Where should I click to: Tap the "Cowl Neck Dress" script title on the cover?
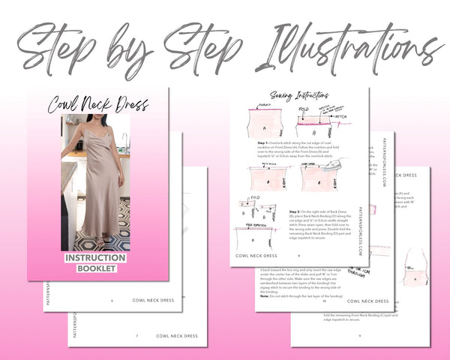coord(97,104)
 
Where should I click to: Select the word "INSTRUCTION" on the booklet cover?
coord(95,259)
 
